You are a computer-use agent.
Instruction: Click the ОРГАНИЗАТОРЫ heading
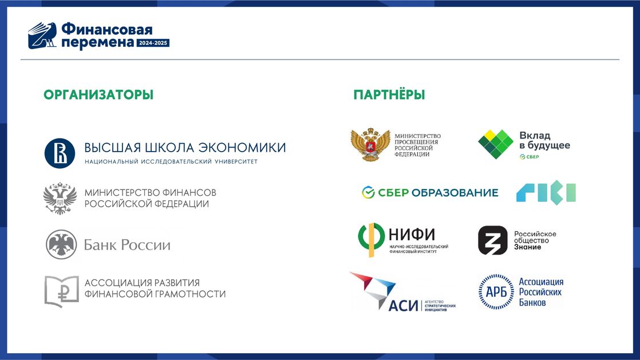[98, 94]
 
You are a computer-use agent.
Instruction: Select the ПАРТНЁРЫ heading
[389, 94]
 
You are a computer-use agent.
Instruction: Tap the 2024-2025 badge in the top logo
[153, 43]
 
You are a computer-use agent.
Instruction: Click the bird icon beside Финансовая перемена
[42, 35]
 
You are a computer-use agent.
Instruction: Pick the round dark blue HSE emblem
[60, 153]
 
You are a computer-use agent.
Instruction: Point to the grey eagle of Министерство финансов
[60, 199]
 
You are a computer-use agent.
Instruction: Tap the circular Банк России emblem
[61, 244]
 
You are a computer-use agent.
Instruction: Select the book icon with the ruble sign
[61, 291]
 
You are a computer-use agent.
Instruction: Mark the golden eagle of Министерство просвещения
[370, 144]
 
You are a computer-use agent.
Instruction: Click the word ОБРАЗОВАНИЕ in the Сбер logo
[455, 193]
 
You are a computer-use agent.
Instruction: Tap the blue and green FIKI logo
[546, 192]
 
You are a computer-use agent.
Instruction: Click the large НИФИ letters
[412, 234]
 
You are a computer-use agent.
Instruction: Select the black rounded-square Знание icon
[493, 240]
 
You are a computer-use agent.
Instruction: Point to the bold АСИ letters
[403, 305]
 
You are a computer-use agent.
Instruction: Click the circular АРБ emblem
[496, 292]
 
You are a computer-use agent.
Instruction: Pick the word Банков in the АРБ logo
[532, 302]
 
